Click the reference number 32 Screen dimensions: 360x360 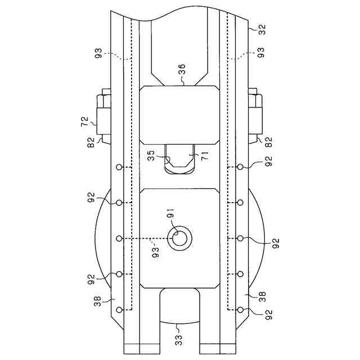pos(262,29)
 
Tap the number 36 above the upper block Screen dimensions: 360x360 pos(182,69)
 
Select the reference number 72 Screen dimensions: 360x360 pos(84,121)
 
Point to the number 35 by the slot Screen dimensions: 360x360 pos(151,155)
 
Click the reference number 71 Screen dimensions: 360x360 pos(205,156)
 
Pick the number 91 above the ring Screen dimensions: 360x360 pos(171,213)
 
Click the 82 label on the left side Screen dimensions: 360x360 pos(91,142)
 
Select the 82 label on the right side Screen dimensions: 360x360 pos(268,142)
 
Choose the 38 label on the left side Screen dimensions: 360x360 pos(97,301)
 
